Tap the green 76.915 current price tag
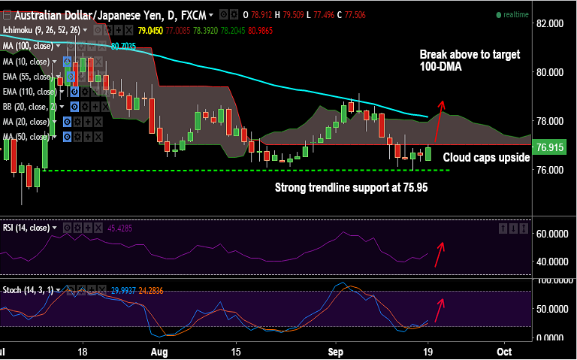(x=551, y=147)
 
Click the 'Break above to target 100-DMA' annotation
(x=470, y=61)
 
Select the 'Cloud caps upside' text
(x=485, y=158)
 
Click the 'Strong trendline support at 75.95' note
(x=351, y=187)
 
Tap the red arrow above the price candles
(x=441, y=111)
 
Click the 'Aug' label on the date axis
(x=159, y=351)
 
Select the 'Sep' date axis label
(x=336, y=351)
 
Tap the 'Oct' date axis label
(x=505, y=351)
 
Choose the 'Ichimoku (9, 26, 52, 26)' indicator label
(x=41, y=31)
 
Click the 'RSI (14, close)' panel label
(x=26, y=228)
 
